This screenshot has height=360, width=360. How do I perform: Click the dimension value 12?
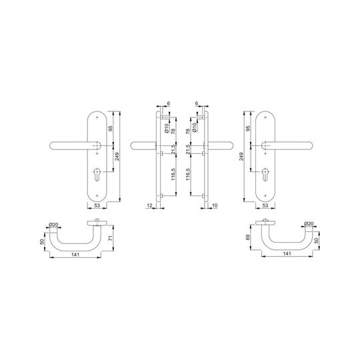click(149, 205)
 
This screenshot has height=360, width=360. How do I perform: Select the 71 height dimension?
click(111, 238)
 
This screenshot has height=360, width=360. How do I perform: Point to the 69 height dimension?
click(248, 237)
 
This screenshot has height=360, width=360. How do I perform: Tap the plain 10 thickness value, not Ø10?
click(215, 205)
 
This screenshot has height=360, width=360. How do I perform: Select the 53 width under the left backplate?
click(97, 205)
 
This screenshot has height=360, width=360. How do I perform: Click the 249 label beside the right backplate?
click(241, 157)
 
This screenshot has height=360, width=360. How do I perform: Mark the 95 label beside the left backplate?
click(111, 129)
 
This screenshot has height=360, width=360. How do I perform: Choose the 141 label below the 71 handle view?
click(75, 255)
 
